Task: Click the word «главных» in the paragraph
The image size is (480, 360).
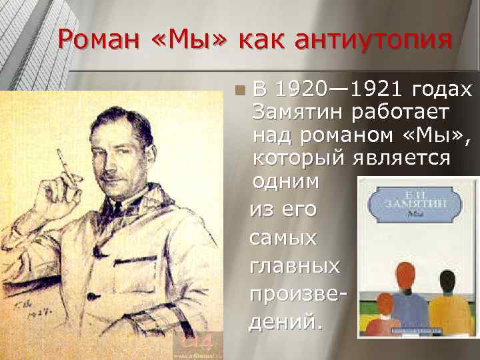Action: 294,265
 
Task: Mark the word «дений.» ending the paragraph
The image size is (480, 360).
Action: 286,323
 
